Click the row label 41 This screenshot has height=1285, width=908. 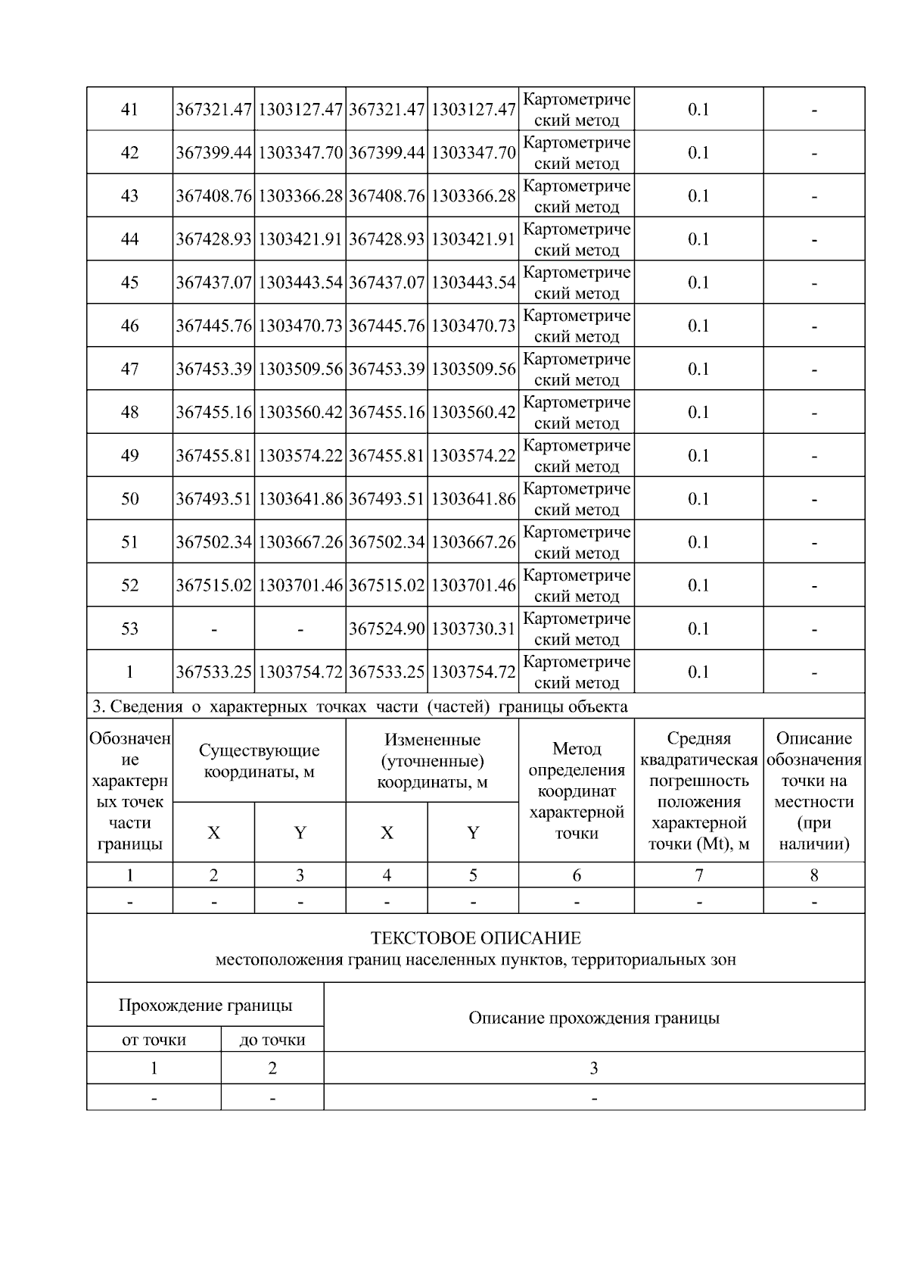click(x=129, y=109)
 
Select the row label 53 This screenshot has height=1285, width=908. click(x=129, y=628)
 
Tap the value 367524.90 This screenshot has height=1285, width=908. click(x=387, y=628)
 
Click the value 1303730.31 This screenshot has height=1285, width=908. click(x=473, y=628)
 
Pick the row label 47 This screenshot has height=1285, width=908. click(x=129, y=369)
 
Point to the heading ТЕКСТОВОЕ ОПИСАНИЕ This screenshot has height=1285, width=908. click(x=475, y=938)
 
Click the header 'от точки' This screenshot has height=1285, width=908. click(x=154, y=1040)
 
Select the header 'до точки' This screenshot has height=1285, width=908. click(x=272, y=1040)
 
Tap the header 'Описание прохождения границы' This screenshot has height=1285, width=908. click(x=594, y=1018)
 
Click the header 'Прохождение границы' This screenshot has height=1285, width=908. click(x=205, y=1006)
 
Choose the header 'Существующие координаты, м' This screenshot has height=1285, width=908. click(x=259, y=761)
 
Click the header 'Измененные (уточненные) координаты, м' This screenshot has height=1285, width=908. click(x=432, y=761)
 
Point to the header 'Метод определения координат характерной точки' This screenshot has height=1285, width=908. click(x=577, y=791)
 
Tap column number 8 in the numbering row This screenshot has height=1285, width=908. click(x=814, y=875)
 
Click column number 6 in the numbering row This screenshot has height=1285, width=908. click(x=577, y=875)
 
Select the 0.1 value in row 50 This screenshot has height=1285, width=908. click(x=698, y=499)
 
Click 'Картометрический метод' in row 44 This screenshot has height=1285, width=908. click(x=577, y=239)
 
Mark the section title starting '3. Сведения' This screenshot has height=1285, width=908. click(x=359, y=706)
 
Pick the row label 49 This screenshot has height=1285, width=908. click(x=129, y=455)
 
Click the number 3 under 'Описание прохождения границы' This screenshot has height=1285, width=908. click(x=594, y=1068)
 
